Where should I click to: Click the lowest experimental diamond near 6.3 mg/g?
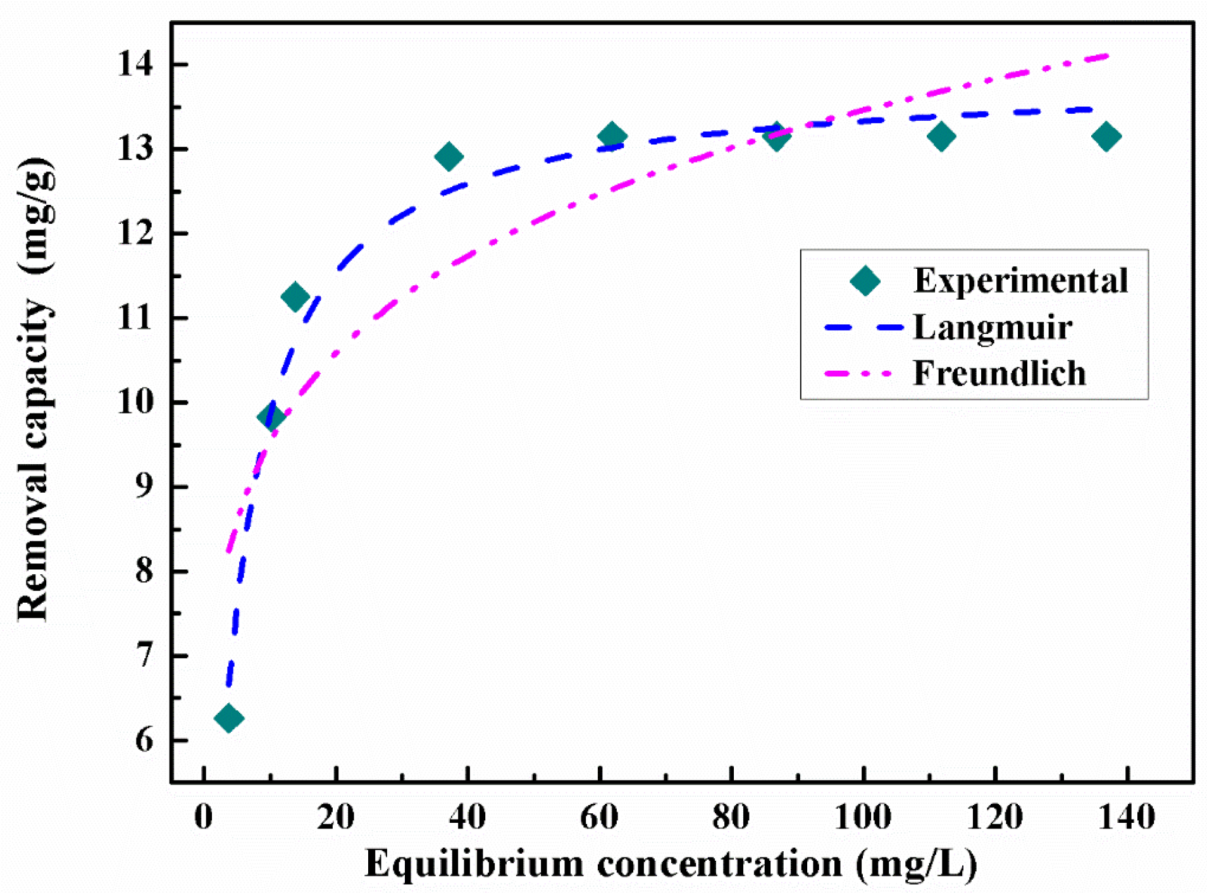pyautogui.click(x=228, y=718)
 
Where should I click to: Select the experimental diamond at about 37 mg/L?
pyautogui.click(x=449, y=156)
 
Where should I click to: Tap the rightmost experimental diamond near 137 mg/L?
pyautogui.click(x=1106, y=136)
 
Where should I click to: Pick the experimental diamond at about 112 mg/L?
pyautogui.click(x=941, y=136)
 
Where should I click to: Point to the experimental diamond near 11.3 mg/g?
pyautogui.click(x=295, y=296)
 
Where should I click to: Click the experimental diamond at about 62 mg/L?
pyautogui.click(x=612, y=135)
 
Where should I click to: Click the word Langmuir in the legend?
pyautogui.click(x=992, y=328)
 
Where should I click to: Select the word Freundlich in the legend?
pyautogui.click(x=999, y=373)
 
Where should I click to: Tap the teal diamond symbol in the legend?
pyautogui.click(x=865, y=281)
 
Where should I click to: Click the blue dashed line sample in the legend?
pyautogui.click(x=863, y=328)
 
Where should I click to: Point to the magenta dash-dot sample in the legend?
pyautogui.click(x=858, y=373)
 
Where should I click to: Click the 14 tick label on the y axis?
pyautogui.click(x=135, y=64)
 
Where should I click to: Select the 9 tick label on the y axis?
pyautogui.click(x=144, y=486)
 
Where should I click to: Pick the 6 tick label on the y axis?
pyautogui.click(x=144, y=740)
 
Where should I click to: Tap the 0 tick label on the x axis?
pyautogui.click(x=203, y=816)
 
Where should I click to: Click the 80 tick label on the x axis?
pyautogui.click(x=731, y=816)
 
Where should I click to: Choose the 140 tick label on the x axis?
pyautogui.click(x=1127, y=816)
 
